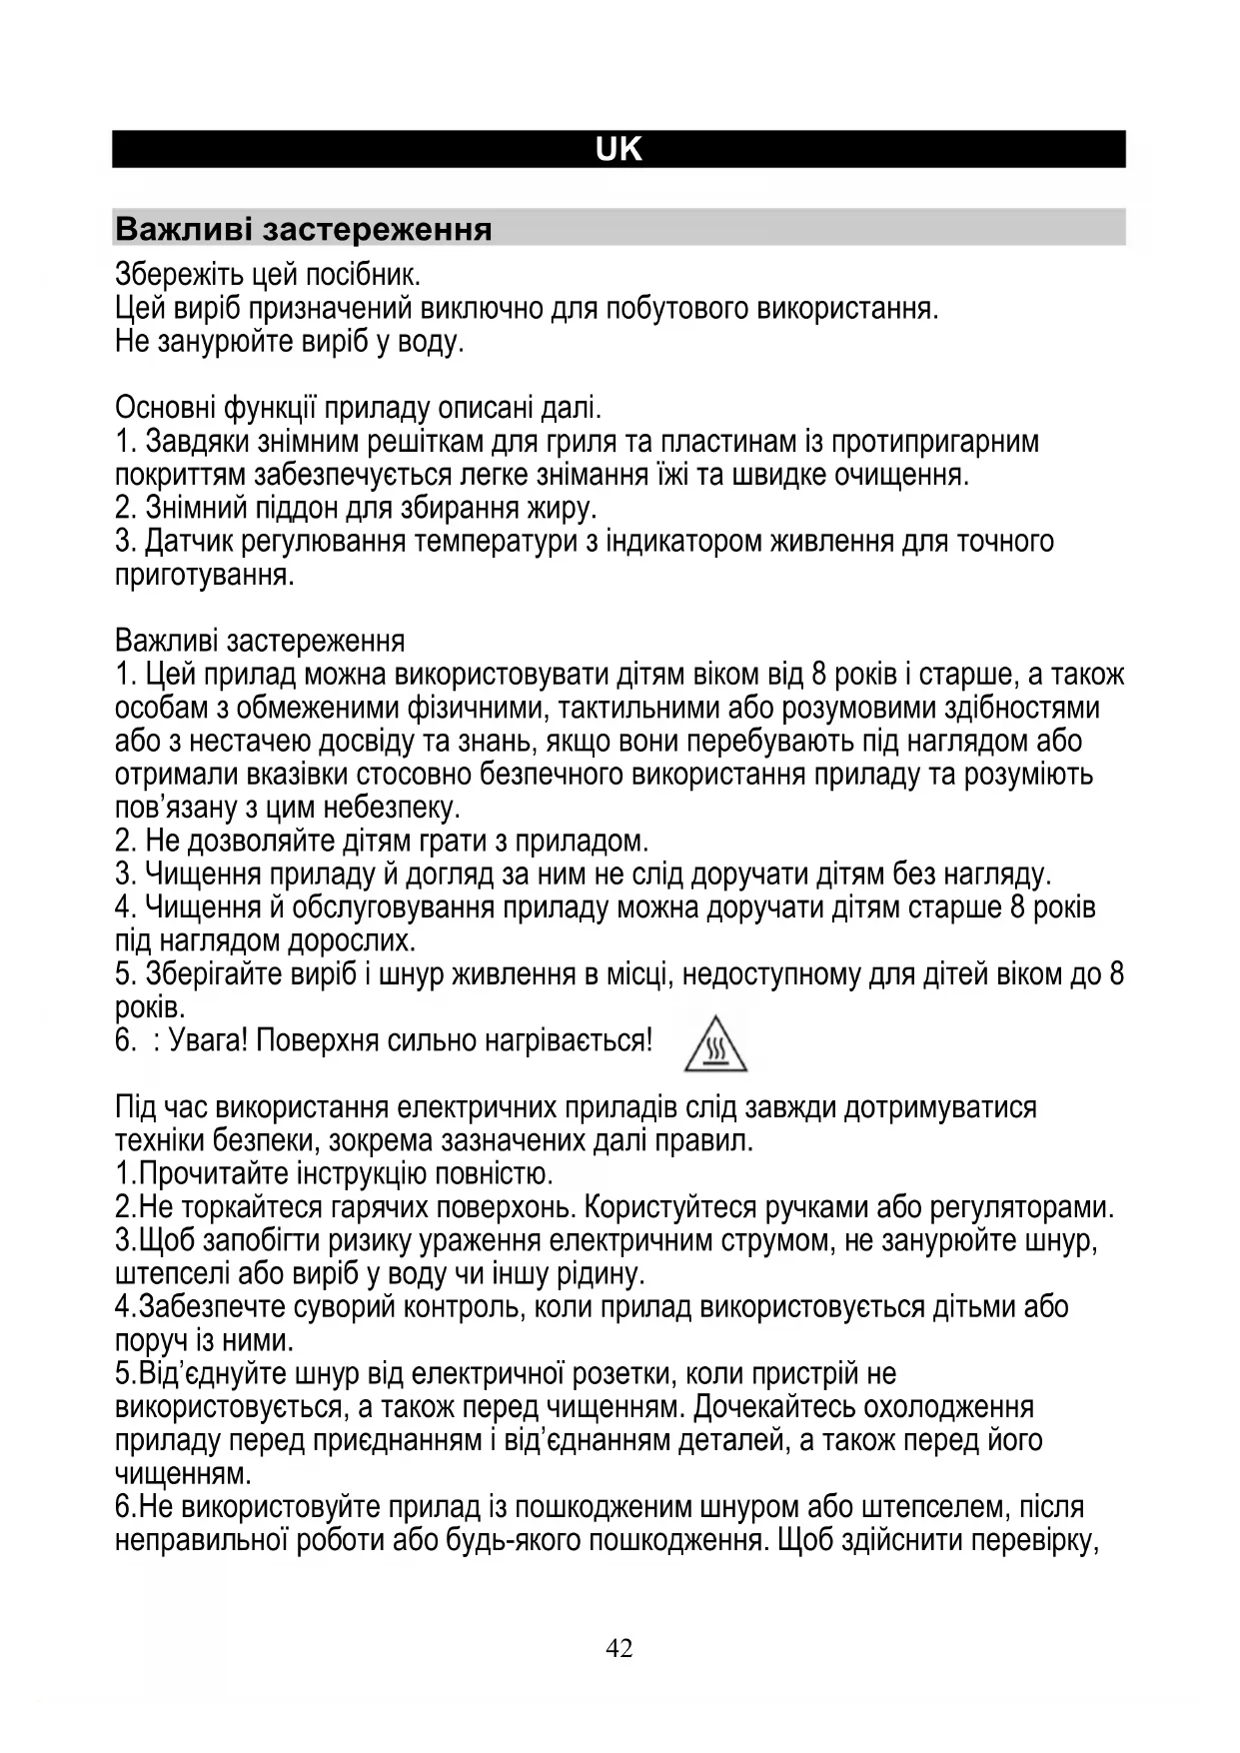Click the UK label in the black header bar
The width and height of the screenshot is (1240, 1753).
[619, 150]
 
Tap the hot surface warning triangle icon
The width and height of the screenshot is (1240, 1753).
[715, 1044]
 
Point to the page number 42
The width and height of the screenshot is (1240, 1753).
[619, 1648]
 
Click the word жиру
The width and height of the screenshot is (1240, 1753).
[561, 508]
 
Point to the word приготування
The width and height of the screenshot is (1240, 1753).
[205, 576]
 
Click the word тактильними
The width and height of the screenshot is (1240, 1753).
[636, 708]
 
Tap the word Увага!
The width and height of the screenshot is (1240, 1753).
[208, 1041]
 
